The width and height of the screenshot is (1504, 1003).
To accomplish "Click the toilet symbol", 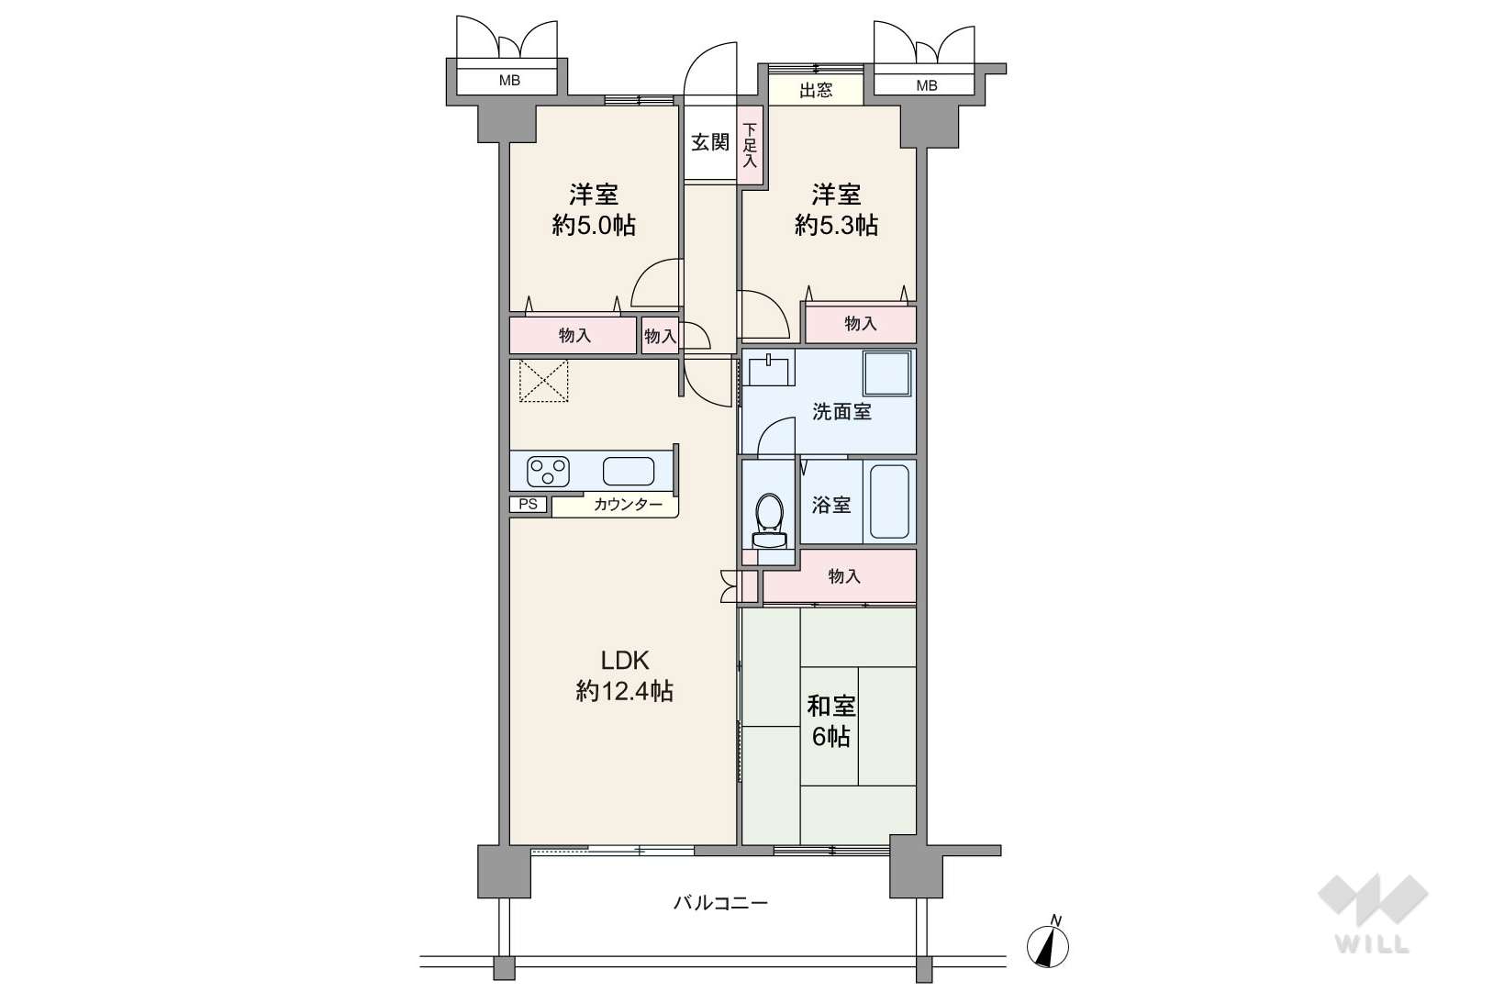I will (x=767, y=518).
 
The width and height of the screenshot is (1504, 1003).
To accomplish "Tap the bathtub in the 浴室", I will (x=888, y=503).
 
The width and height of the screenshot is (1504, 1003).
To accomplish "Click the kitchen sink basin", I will (x=629, y=472).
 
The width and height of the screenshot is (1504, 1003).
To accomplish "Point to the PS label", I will (x=528, y=504).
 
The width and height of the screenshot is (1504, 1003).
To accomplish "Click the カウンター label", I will (x=628, y=504).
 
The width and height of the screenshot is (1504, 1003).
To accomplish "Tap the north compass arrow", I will (x=1048, y=943).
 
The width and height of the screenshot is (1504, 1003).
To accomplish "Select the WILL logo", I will (x=1372, y=912).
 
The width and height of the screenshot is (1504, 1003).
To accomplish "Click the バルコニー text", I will (x=720, y=903).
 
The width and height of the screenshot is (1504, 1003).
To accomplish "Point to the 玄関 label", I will (x=709, y=142).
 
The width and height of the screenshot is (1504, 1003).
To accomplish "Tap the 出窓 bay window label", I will (x=816, y=90).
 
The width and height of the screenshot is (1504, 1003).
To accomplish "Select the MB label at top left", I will (x=509, y=81).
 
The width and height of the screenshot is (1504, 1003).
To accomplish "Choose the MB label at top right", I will (x=927, y=85).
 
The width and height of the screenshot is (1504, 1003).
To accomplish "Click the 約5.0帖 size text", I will (x=594, y=225).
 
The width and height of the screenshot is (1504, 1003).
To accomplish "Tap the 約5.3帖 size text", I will (x=836, y=225).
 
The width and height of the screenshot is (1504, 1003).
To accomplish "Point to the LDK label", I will (x=625, y=660).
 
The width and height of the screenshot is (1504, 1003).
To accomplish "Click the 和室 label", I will (x=830, y=706).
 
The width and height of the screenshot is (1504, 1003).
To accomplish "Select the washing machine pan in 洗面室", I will (x=887, y=374).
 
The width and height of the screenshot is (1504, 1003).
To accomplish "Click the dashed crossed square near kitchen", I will (x=544, y=381).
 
